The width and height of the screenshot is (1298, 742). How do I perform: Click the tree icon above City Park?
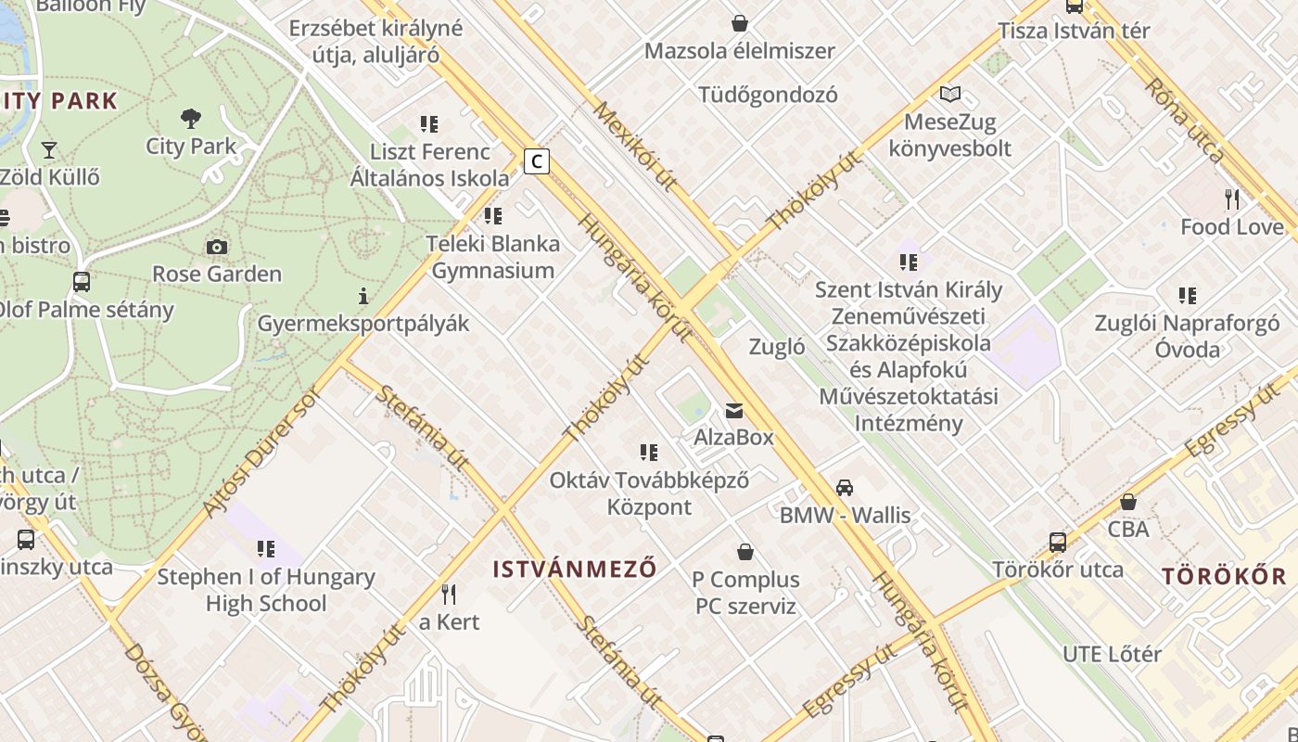click(191, 119)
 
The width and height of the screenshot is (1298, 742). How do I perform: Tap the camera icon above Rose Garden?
click(217, 247)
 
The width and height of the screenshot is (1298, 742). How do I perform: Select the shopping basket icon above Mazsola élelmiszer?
click(740, 23)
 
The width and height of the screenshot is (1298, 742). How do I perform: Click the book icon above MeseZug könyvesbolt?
click(950, 94)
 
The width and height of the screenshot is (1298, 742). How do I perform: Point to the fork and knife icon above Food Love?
click(1232, 198)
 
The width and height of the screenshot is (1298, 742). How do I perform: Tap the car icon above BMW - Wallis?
click(845, 487)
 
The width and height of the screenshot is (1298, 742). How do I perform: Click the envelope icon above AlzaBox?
click(734, 410)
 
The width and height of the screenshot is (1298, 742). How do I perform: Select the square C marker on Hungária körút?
click(536, 161)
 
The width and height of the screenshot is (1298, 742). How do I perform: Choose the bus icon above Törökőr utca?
click(1058, 542)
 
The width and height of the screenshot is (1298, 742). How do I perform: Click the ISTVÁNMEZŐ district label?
click(575, 569)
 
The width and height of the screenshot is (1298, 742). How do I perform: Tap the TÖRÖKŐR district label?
click(1225, 576)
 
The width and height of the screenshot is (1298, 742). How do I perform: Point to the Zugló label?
click(776, 348)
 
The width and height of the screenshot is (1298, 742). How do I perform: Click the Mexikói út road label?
click(634, 146)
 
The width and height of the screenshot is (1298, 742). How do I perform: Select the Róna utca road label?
click(1185, 121)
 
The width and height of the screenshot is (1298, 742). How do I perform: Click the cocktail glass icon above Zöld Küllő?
click(49, 149)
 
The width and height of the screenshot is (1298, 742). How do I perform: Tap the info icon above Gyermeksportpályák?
click(363, 296)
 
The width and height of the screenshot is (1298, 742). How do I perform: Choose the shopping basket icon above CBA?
click(1128, 502)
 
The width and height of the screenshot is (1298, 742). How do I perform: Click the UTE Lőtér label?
click(1112, 654)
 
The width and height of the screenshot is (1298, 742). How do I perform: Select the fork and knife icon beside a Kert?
click(448, 594)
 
